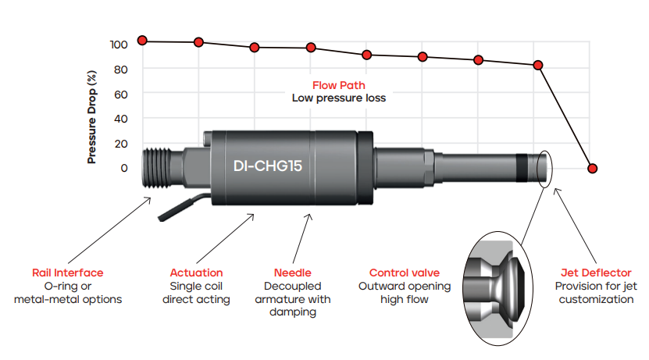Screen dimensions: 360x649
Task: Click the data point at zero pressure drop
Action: point(592,169)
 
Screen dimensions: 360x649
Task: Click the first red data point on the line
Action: point(142,40)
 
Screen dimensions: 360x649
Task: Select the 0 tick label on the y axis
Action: point(123,168)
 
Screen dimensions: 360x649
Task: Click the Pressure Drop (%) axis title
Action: point(92,118)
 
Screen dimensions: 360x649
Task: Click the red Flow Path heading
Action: point(338,85)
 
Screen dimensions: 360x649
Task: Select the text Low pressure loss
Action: point(338,98)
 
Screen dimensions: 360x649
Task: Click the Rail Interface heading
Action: point(67,273)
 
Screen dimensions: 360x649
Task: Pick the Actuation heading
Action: point(196,273)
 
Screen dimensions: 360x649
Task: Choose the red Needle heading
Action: point(293,273)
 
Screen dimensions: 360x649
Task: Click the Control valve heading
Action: point(404,273)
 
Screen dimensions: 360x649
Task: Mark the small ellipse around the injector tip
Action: point(544,167)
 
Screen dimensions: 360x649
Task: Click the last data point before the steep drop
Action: point(538,65)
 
